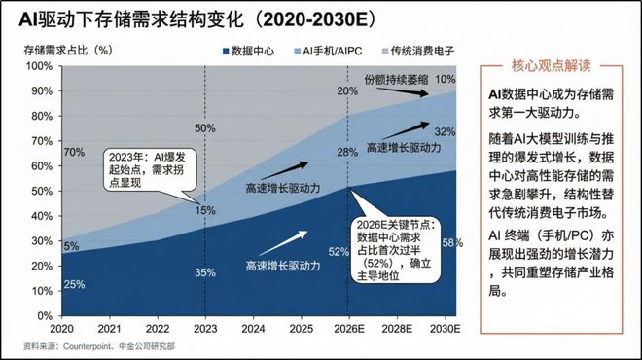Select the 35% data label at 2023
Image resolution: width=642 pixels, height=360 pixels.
(205, 272)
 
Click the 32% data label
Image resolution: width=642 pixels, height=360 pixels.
(444, 132)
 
